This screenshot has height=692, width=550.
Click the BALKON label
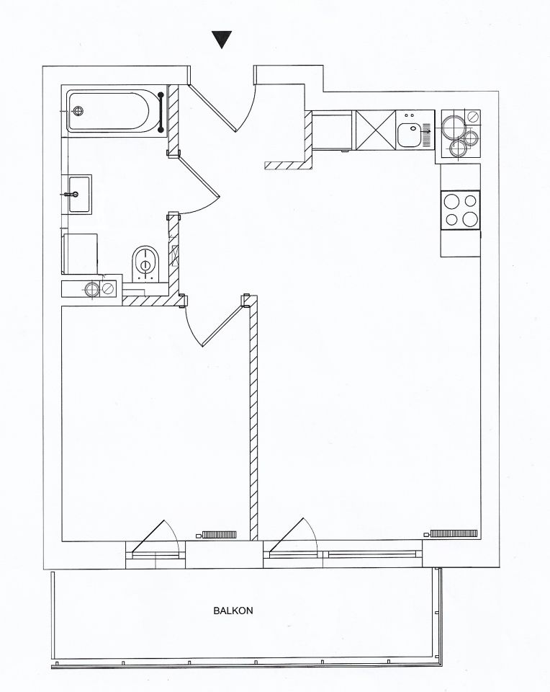coord(233,611)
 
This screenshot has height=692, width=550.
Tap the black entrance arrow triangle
coord(222,39)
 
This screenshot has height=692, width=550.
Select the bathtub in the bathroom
coord(114,111)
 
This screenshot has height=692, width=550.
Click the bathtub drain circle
coord(78,111)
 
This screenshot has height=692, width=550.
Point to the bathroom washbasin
coord(79,194)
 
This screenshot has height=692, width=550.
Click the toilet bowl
coord(146,262)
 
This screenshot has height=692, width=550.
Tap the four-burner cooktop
coord(461,210)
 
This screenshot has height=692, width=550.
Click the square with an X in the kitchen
coord(376,130)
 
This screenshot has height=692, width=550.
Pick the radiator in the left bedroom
coord(219,534)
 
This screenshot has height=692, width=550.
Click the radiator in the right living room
coord(454,533)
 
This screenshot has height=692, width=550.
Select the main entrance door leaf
coord(213,107)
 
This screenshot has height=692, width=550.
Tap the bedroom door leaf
coord(222,325)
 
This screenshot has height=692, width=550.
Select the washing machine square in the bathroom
coord(80,254)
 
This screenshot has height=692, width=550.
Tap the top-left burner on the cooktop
coord(451,202)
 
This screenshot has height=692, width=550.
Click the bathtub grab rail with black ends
coord(161,112)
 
